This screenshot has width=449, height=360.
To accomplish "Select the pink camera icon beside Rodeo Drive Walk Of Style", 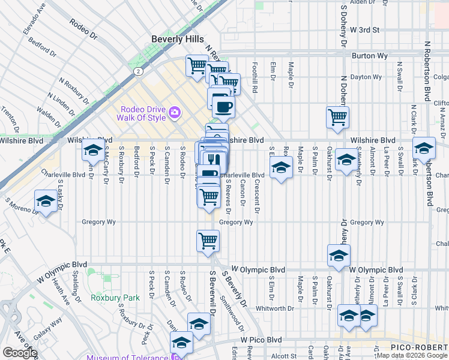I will pyautogui.click(x=175, y=111).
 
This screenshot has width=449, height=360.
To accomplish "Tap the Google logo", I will pyautogui.click(x=20, y=353).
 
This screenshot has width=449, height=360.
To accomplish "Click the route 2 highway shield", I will pyautogui.click(x=138, y=71).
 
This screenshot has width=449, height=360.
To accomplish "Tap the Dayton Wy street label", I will pyautogui.click(x=366, y=77).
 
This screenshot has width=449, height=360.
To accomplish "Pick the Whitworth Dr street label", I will pyautogui.click(x=290, y=308).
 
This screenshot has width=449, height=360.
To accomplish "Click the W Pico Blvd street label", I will pyautogui.click(x=261, y=340).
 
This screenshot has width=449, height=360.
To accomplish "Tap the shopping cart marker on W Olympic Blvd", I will pyautogui.click(x=208, y=241).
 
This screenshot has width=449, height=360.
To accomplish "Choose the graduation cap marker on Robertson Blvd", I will pyautogui.click(x=424, y=148).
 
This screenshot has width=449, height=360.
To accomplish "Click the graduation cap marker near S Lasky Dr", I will pyautogui.click(x=46, y=202).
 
